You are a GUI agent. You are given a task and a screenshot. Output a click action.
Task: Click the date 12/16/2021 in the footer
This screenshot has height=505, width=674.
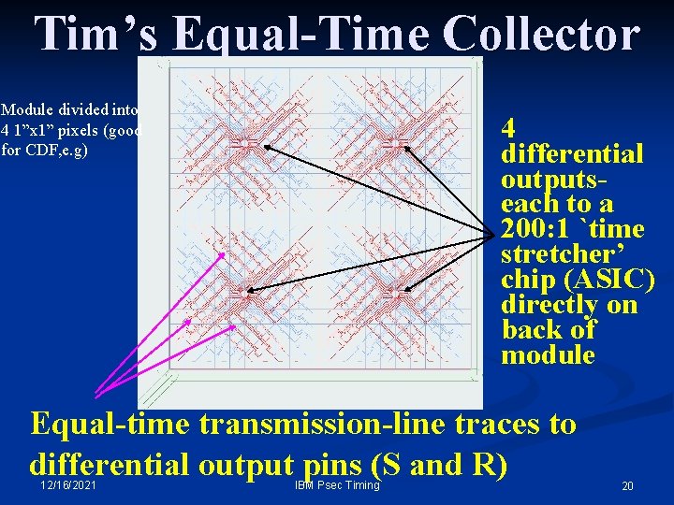point(66,486)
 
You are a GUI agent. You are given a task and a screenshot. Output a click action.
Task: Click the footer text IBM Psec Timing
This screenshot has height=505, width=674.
point(337,485)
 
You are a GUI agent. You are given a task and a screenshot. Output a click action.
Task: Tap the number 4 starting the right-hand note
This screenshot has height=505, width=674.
point(509,128)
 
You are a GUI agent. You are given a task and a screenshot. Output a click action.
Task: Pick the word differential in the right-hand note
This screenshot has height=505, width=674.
point(572,153)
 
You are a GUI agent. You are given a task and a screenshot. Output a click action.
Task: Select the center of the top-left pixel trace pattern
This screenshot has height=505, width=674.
point(245,142)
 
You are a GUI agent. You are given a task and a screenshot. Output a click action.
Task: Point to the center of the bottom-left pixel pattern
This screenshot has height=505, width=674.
point(245,294)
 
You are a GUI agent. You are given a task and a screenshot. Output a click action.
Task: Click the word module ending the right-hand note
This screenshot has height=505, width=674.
point(548,355)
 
